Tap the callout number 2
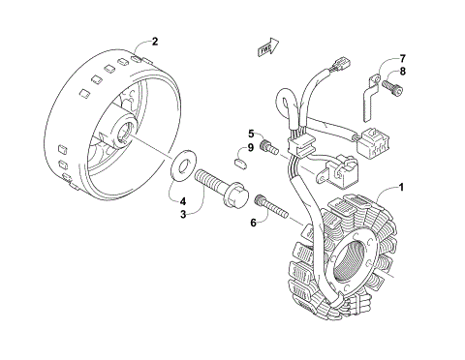[152, 42]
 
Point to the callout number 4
[182, 201]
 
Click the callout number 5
[250, 134]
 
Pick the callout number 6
[254, 222]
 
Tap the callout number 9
[250, 147]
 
